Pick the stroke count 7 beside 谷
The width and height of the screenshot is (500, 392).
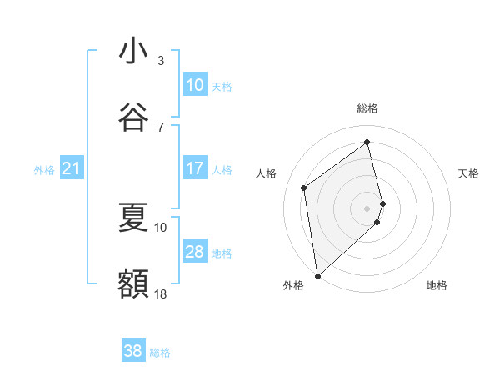(x=161, y=127)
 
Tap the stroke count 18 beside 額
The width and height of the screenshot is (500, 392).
(x=161, y=294)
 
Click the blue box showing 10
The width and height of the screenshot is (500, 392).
(x=195, y=85)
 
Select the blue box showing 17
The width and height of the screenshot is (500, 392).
(x=195, y=168)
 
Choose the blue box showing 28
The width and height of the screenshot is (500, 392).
(x=195, y=252)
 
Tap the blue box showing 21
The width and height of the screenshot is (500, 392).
(x=71, y=169)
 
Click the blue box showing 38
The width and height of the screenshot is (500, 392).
(x=133, y=351)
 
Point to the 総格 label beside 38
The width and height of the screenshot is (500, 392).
(x=160, y=353)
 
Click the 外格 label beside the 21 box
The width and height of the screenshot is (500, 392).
(x=44, y=170)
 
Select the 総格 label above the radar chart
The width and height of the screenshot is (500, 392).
(x=367, y=108)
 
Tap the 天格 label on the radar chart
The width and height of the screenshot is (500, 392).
(x=469, y=173)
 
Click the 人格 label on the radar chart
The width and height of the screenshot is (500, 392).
(x=267, y=173)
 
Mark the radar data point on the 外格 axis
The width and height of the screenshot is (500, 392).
(x=317, y=276)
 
